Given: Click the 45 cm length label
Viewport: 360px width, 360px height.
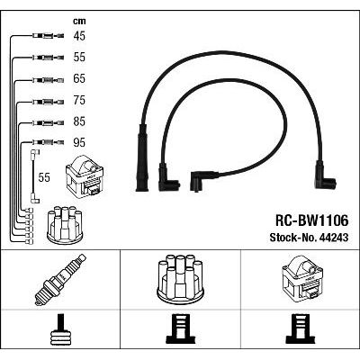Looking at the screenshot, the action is pyautogui.click(x=79, y=36).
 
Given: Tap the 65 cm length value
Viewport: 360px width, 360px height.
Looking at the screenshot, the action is pyautogui.click(x=79, y=78).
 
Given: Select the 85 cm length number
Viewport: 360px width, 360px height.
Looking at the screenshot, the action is pyautogui.click(x=79, y=121).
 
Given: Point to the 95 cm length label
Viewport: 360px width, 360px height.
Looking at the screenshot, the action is pyautogui.click(x=79, y=143).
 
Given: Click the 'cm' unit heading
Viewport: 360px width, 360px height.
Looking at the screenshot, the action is pyautogui.click(x=79, y=22).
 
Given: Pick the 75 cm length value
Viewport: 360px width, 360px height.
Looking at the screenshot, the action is pyautogui.click(x=79, y=100).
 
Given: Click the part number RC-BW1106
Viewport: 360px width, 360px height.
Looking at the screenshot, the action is pyautogui.click(x=312, y=221).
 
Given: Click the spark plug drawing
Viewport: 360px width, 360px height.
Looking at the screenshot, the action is pyautogui.click(x=60, y=280).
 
